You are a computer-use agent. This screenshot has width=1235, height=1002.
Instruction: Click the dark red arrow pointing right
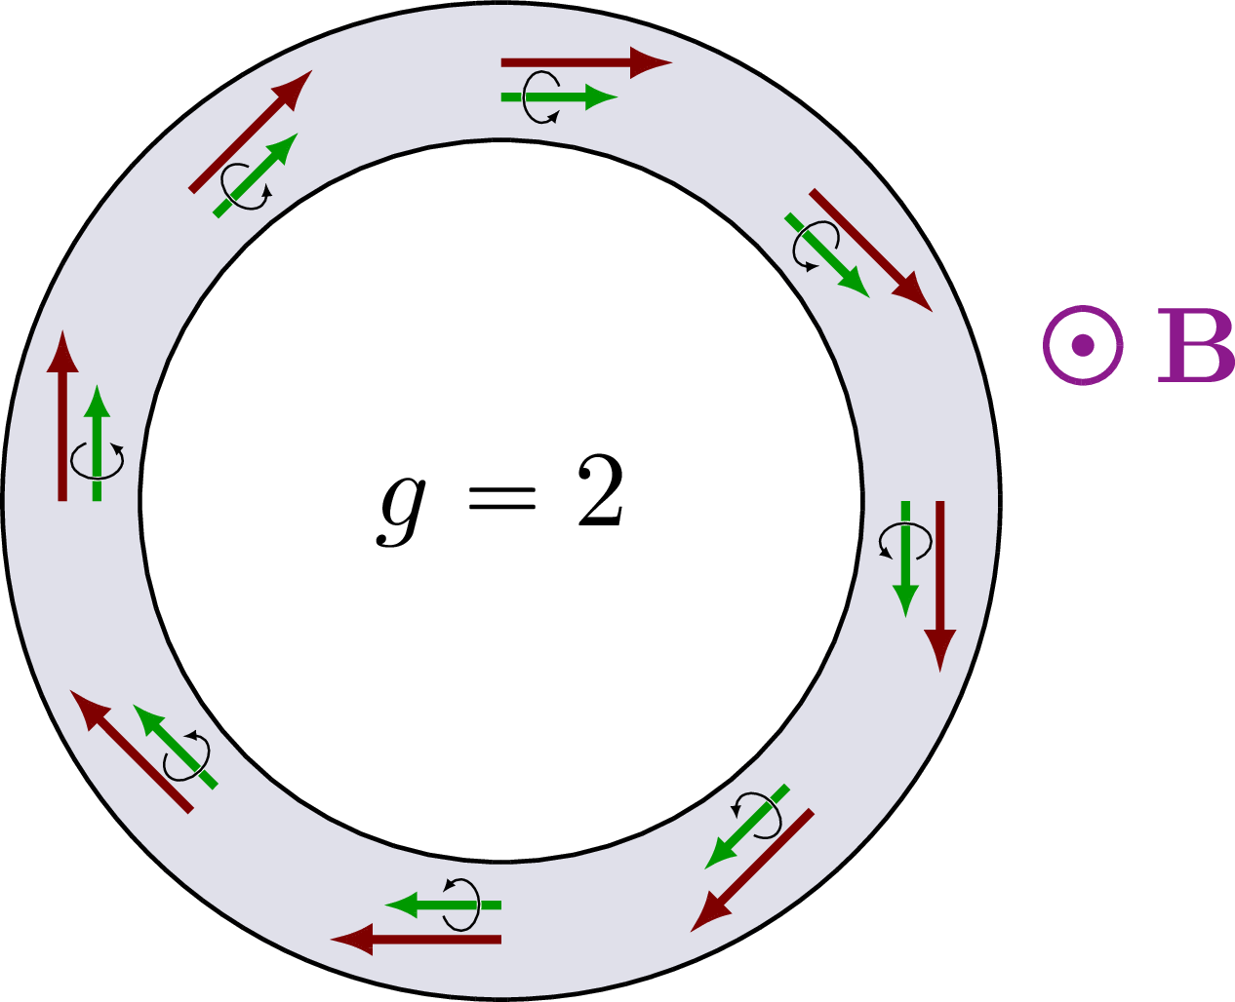pos(586,62)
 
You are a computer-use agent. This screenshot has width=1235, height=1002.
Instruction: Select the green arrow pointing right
pos(560,97)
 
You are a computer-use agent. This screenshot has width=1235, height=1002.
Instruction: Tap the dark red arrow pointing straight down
pos(939,587)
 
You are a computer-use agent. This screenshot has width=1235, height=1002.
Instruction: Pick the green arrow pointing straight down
pos(905,559)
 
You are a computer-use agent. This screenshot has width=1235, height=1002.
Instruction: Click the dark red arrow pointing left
pos(416,940)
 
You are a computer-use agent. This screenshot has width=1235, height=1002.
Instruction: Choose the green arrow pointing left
pos(443,906)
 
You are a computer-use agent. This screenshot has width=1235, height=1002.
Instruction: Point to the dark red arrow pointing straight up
pos(62,415)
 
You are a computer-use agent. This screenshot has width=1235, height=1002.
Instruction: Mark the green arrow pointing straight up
pos(97,443)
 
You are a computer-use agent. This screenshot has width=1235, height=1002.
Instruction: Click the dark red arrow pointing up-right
pos(251,132)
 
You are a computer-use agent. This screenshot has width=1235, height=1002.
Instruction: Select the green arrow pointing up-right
pos(256,174)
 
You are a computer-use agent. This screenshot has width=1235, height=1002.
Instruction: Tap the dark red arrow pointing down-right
pos(871,250)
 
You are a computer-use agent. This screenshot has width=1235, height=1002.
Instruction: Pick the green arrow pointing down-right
pos(827,255)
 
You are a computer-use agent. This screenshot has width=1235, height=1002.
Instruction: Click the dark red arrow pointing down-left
pos(752,870)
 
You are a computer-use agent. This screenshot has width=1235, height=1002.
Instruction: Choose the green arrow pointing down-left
pos(747,828)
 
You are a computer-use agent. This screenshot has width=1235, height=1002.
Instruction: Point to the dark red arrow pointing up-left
pos(132,751)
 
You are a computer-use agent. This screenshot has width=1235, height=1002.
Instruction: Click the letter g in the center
pos(401,512)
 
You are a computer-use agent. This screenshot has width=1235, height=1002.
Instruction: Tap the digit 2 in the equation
pos(601,491)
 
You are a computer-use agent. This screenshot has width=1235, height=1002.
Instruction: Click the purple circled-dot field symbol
pos(1083,346)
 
